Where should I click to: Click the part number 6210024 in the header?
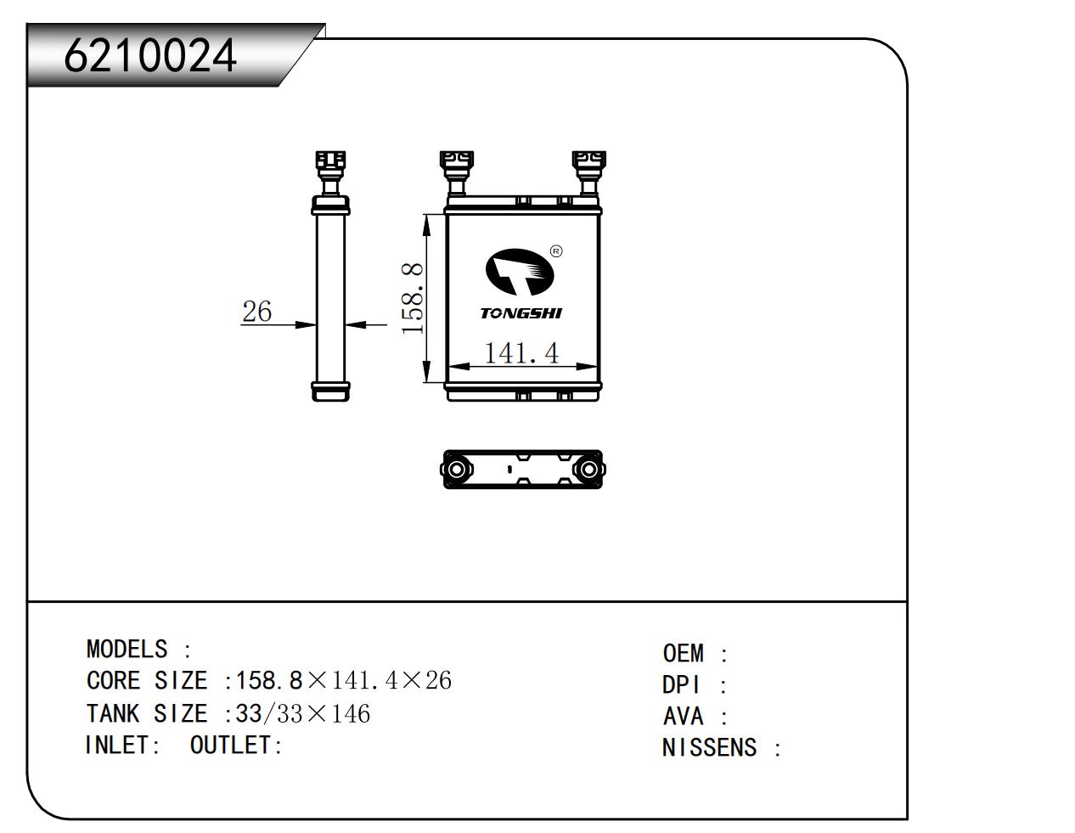click(x=149, y=56)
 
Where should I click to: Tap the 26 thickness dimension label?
click(x=256, y=312)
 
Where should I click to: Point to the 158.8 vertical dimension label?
click(x=413, y=298)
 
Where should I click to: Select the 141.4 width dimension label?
click(x=521, y=352)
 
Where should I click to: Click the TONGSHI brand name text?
click(x=521, y=313)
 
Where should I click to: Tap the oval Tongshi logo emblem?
click(x=519, y=273)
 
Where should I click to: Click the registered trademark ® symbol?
click(x=556, y=250)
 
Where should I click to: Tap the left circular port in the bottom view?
click(x=455, y=470)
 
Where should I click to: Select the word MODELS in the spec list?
click(x=127, y=650)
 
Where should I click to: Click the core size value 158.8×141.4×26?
click(x=343, y=681)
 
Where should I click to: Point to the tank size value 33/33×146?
click(x=302, y=713)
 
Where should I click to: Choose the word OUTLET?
click(x=231, y=746)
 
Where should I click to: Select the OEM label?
click(x=684, y=654)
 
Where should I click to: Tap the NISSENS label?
click(x=709, y=748)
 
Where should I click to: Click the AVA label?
click(x=684, y=717)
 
